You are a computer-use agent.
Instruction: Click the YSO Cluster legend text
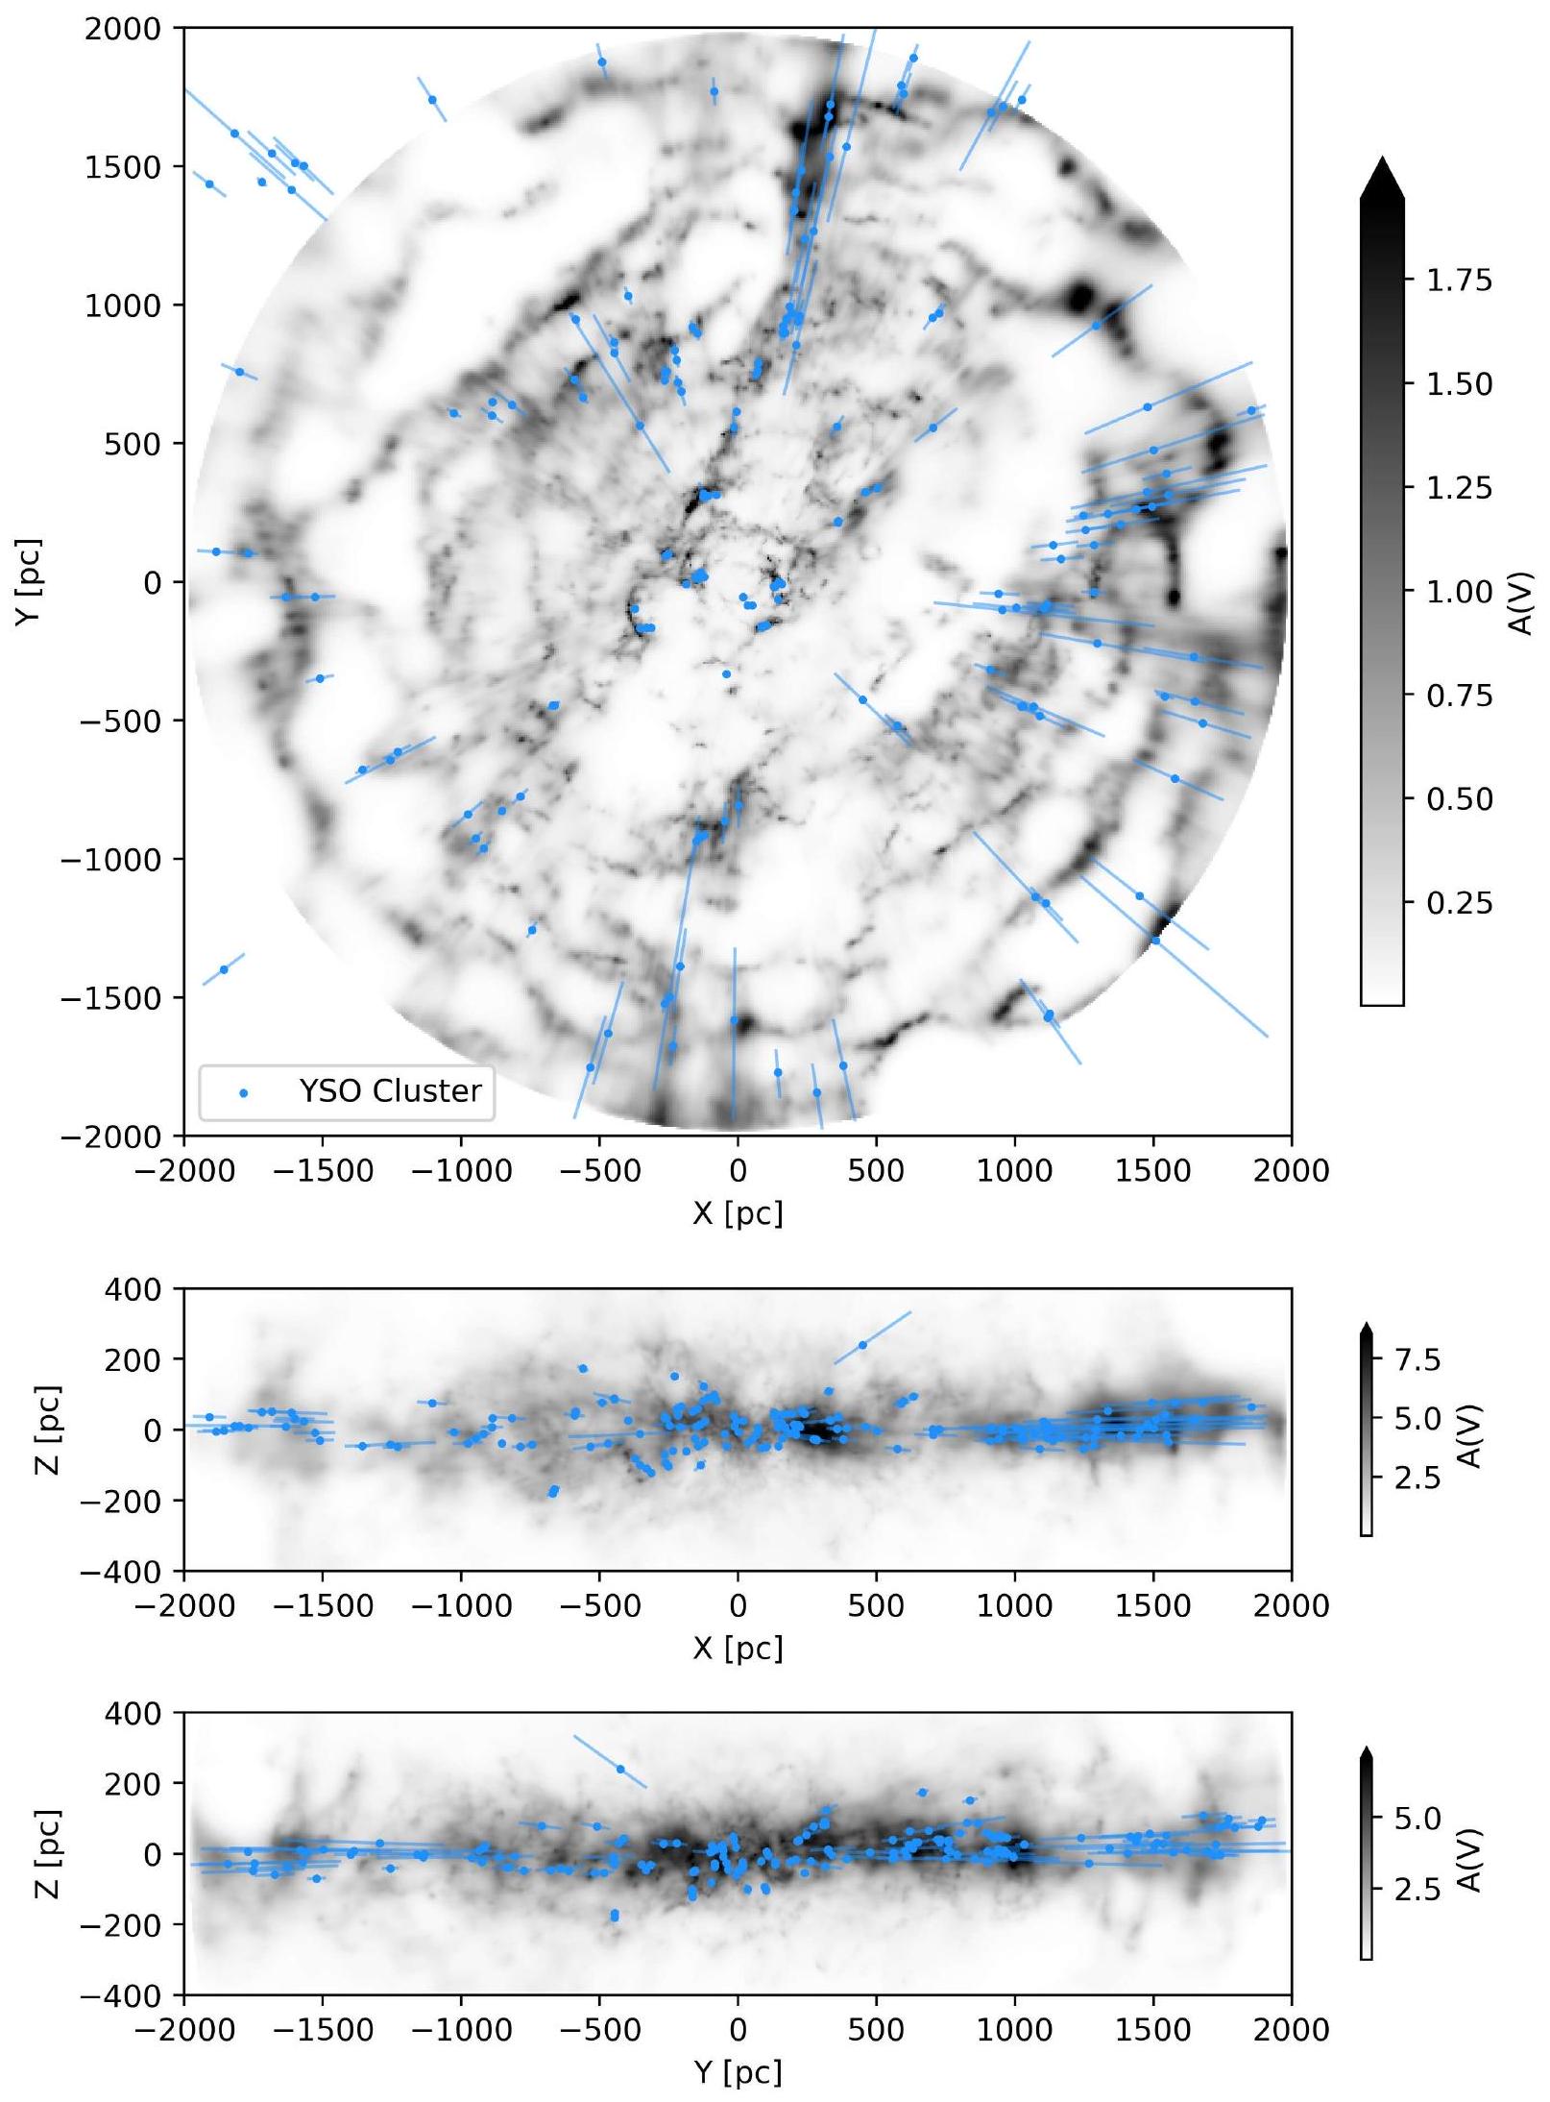click(x=389, y=1091)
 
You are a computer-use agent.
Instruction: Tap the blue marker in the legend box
click(x=243, y=1093)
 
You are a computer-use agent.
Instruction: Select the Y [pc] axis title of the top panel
click(x=28, y=582)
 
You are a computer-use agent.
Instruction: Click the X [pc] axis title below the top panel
click(x=737, y=1214)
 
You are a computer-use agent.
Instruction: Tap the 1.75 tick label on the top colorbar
click(x=1459, y=281)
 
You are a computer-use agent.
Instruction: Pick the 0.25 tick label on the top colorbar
click(x=1459, y=903)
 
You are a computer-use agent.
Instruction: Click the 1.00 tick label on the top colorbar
click(x=1459, y=592)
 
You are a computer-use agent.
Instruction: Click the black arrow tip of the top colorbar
click(x=1381, y=178)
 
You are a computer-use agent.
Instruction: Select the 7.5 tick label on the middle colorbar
click(x=1417, y=1359)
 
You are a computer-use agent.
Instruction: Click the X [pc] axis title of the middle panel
click(x=737, y=1650)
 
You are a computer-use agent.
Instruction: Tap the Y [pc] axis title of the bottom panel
click(x=737, y=2073)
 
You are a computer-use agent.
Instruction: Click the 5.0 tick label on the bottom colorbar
click(x=1417, y=1819)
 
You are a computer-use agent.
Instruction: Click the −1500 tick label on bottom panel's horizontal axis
click(x=322, y=2030)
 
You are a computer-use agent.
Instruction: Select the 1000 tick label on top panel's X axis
click(x=1014, y=1171)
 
